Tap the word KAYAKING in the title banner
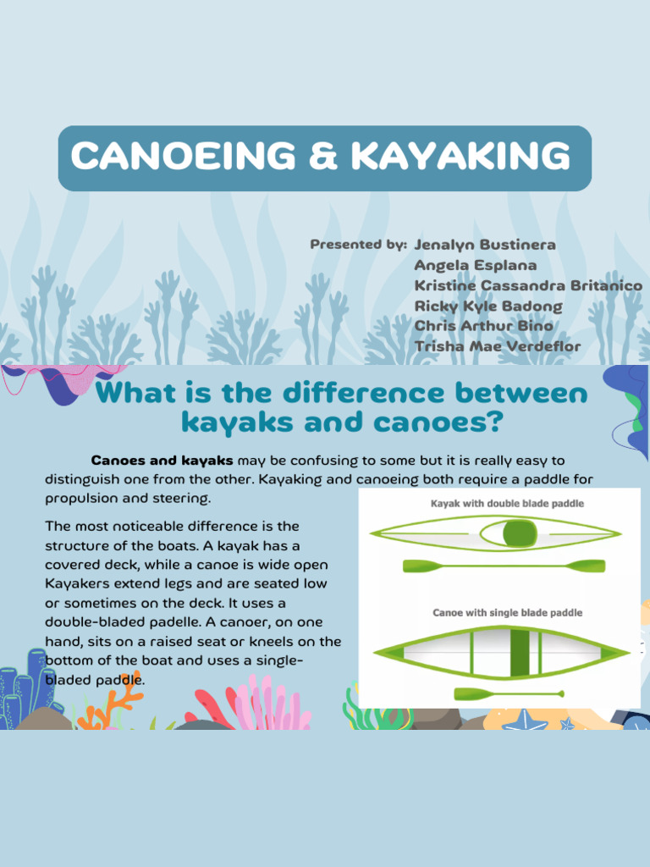460,157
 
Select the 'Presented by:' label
358,245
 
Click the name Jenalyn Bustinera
485,245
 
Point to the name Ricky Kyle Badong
488,306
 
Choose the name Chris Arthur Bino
483,326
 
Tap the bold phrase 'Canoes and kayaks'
162,461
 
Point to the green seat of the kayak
519,533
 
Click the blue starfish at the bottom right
526,721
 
